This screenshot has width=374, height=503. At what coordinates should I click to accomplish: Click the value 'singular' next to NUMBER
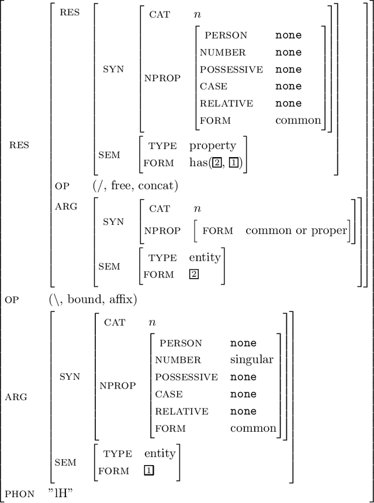(251, 360)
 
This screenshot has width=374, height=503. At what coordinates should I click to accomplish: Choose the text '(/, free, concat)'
(136, 186)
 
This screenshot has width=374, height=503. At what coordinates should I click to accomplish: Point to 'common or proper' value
(296, 230)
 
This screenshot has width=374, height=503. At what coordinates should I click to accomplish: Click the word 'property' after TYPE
(213, 145)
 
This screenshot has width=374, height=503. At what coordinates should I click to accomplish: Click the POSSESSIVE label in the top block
(231, 70)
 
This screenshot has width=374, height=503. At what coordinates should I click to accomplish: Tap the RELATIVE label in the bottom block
(182, 411)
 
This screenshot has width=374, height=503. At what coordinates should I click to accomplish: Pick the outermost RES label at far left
(19, 145)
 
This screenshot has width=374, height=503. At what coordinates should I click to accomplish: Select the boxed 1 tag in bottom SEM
(149, 470)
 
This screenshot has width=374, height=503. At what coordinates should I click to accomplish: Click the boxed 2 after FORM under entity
(193, 274)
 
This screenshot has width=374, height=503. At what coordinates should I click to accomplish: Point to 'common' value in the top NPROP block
(298, 120)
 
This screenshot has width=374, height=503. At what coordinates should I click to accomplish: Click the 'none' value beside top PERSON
(289, 35)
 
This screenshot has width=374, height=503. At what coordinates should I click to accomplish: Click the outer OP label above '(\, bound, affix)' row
(12, 300)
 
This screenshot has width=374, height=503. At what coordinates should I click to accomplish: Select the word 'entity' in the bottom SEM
(160, 453)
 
